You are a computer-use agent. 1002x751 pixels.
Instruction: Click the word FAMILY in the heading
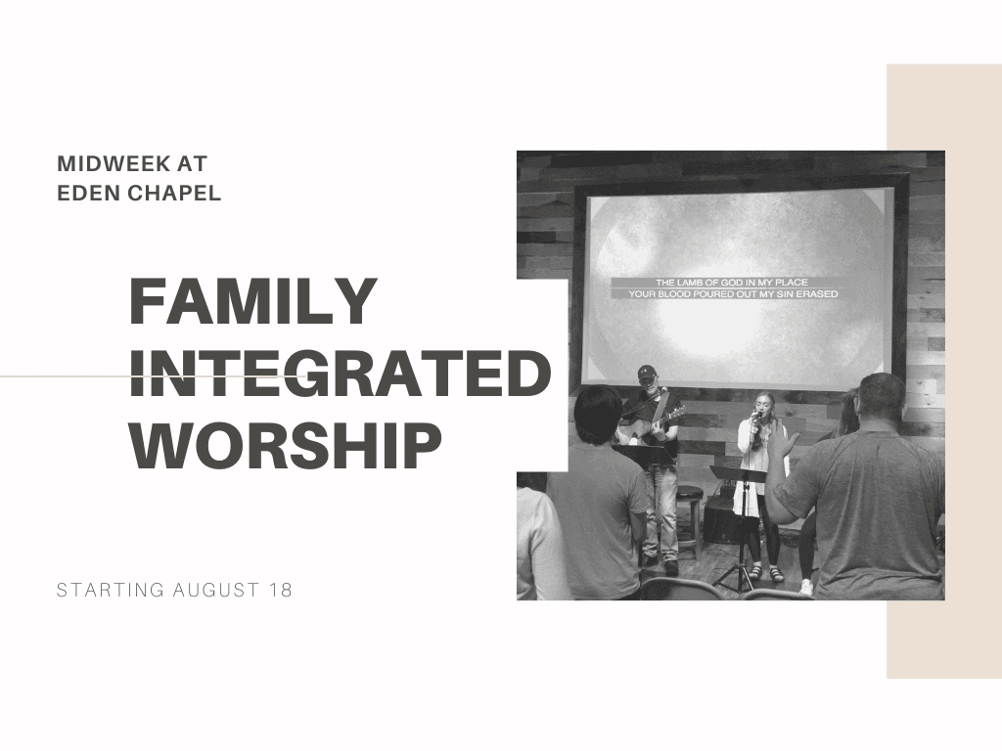(x=253, y=301)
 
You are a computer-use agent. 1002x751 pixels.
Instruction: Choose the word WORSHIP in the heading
(x=286, y=445)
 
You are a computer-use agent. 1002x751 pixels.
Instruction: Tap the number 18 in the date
(x=281, y=590)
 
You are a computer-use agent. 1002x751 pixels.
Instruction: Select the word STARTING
(x=111, y=590)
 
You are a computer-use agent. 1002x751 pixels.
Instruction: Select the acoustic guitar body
(x=639, y=431)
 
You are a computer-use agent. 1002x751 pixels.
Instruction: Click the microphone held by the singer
(x=756, y=416)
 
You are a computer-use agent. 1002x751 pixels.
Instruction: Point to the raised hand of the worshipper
(x=782, y=437)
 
